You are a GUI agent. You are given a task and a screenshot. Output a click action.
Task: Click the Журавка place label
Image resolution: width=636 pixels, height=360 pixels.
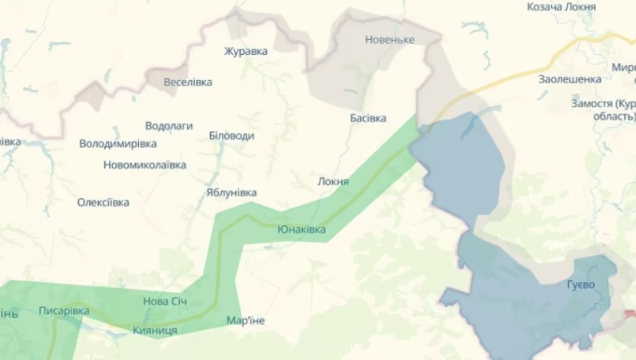(x=246, y=51)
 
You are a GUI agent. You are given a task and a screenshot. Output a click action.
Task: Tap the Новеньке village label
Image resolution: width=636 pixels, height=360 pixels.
(x=390, y=39)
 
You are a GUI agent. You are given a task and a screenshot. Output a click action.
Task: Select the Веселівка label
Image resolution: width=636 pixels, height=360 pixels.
(x=189, y=82)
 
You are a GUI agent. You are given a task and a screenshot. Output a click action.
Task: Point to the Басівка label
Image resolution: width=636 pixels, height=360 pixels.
(x=368, y=118)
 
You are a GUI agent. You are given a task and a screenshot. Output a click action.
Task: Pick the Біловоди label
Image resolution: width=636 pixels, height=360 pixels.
(x=231, y=136)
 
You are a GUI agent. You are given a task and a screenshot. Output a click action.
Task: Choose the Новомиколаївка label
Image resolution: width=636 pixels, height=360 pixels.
(x=145, y=165)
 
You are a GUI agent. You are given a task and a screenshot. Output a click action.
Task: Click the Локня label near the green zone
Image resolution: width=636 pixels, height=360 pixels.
(x=333, y=181)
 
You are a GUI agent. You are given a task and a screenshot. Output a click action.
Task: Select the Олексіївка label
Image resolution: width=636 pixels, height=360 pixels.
(x=103, y=202)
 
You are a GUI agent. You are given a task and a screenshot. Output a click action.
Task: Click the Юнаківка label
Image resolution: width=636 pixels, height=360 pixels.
(x=301, y=229)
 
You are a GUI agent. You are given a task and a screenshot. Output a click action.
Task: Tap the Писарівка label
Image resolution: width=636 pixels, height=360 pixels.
(x=64, y=311)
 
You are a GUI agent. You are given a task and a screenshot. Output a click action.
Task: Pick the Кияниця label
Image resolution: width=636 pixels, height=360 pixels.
(x=155, y=329)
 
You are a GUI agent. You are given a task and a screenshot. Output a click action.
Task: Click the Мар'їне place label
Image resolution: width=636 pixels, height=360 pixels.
(x=246, y=320)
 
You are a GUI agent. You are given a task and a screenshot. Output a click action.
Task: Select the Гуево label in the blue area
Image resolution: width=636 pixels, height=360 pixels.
(x=581, y=285)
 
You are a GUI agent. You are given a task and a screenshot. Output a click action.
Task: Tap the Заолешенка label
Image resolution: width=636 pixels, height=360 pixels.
(x=569, y=79)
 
